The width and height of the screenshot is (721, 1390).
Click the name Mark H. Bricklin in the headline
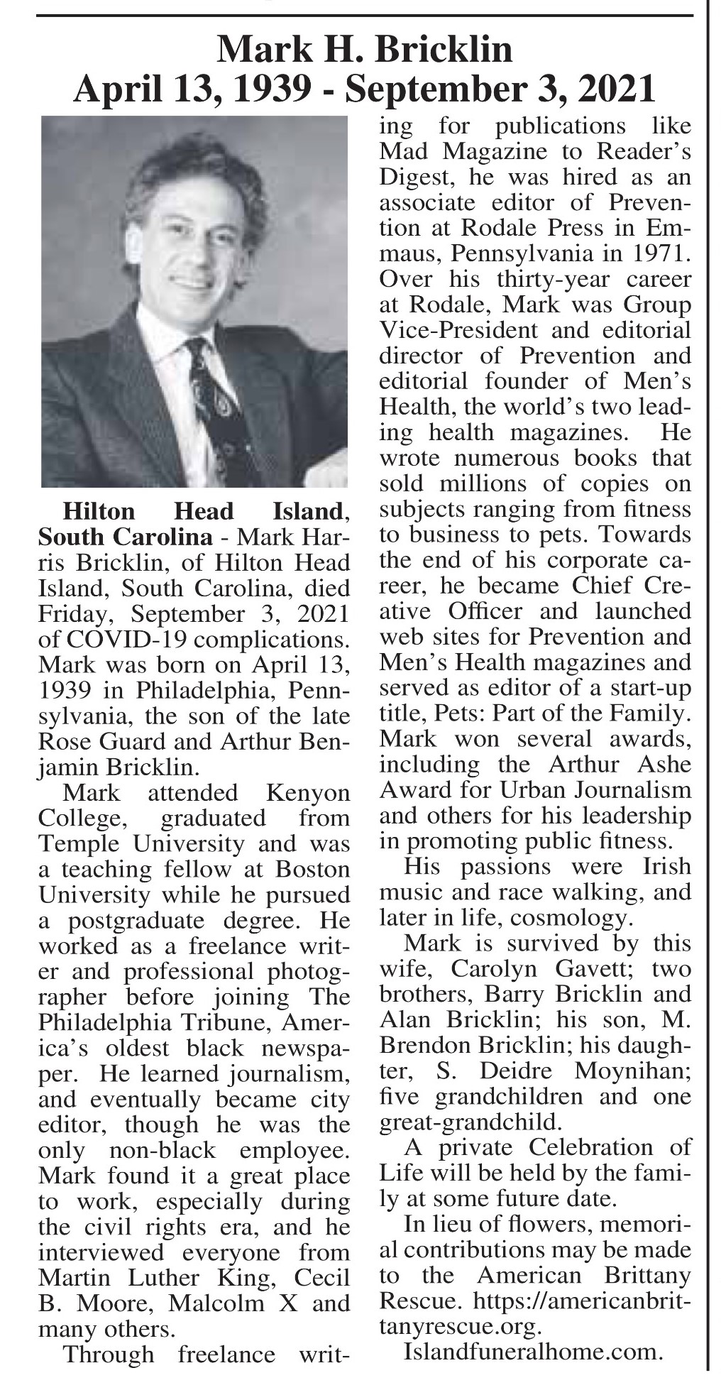point(365,50)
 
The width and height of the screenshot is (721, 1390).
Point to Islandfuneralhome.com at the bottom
point(533,1352)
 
